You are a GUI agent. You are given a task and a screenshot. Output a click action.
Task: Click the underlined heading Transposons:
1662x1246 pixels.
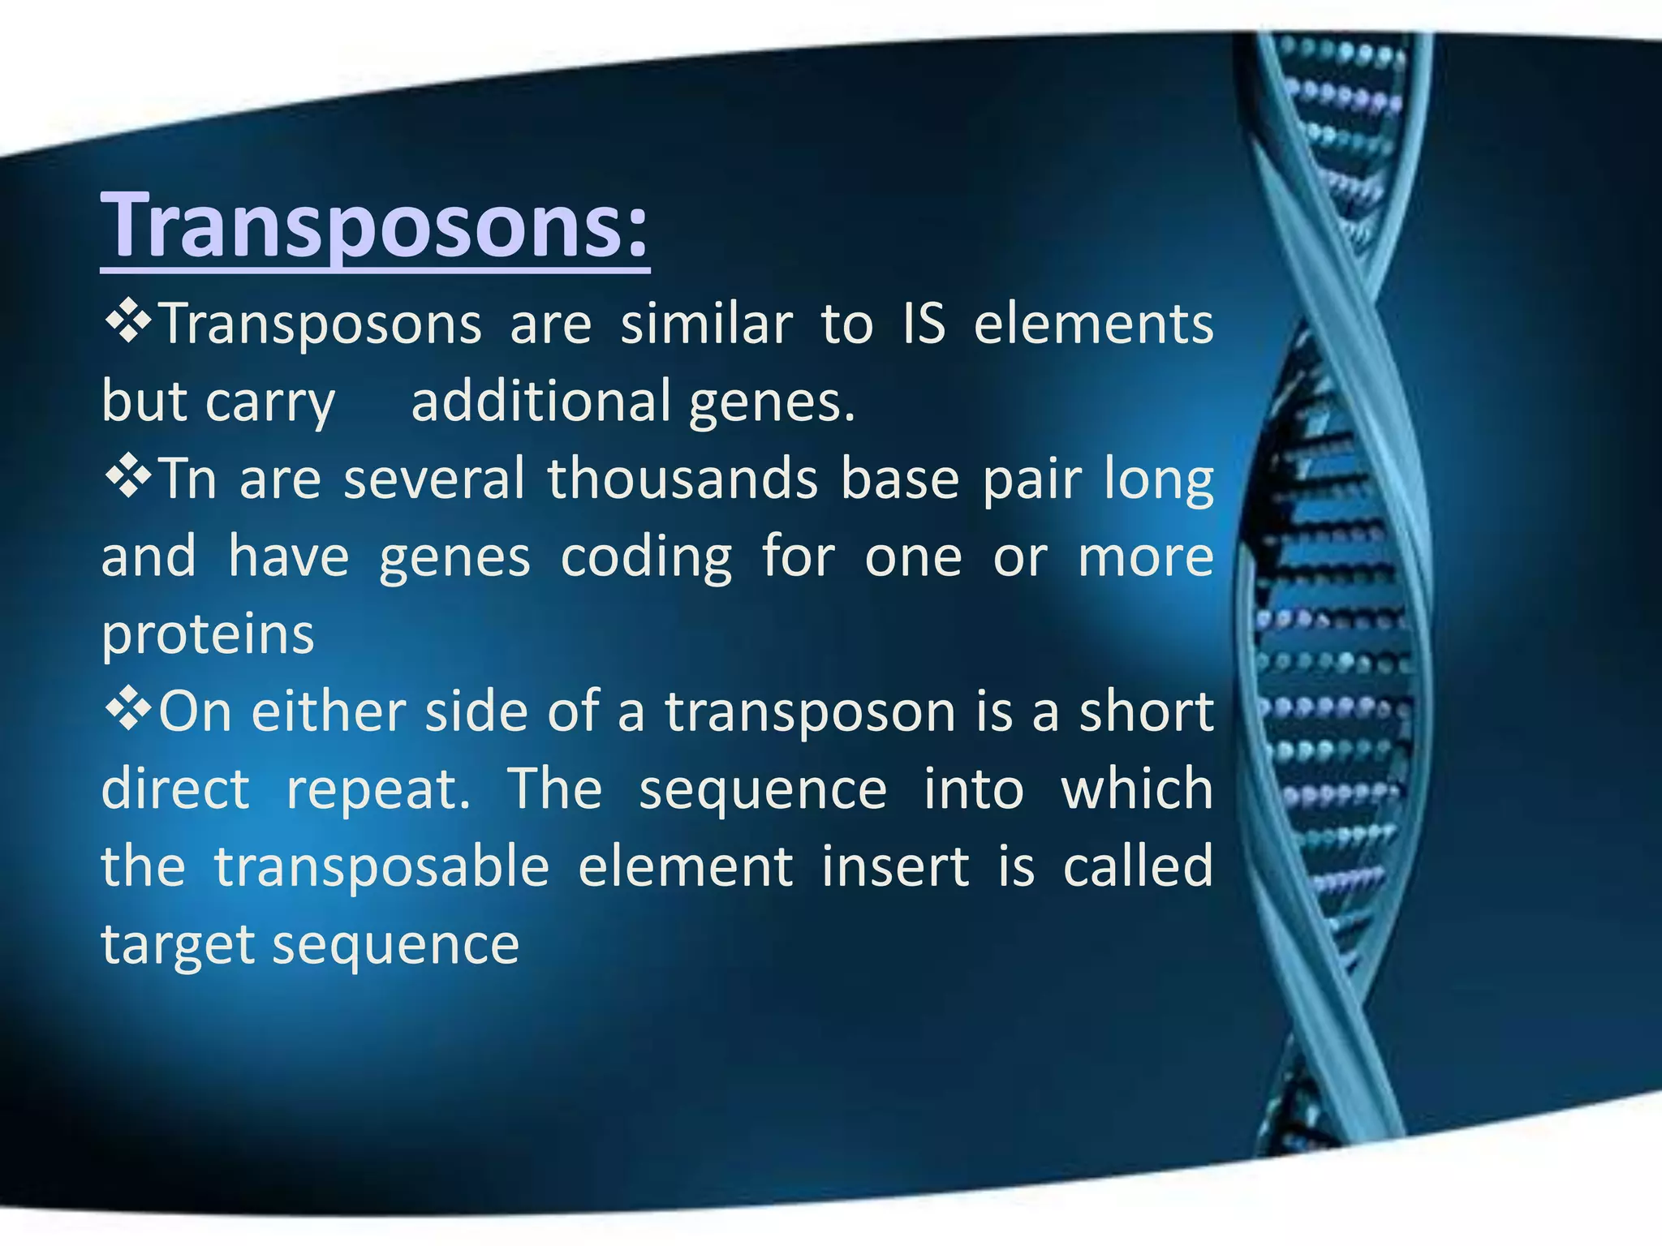pyautogui.click(x=375, y=226)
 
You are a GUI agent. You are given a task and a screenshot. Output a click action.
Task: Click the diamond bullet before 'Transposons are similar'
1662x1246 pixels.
pyautogui.click(x=127, y=323)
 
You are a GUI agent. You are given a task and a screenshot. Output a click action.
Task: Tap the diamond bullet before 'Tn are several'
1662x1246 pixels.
pyautogui.click(x=127, y=478)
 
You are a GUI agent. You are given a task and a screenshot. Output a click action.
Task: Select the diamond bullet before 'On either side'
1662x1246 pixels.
pyautogui.click(x=127, y=711)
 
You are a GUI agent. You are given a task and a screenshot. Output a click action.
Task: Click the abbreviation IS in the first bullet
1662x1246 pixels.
pyautogui.click(x=924, y=323)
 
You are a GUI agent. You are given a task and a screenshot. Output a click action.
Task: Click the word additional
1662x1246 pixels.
pyautogui.click(x=540, y=401)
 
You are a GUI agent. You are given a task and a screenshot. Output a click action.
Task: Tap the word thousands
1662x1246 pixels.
pyautogui.click(x=682, y=478)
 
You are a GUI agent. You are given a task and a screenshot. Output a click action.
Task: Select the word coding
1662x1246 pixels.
pyautogui.click(x=646, y=557)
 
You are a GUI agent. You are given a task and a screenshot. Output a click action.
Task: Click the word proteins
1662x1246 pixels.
pyautogui.click(x=208, y=635)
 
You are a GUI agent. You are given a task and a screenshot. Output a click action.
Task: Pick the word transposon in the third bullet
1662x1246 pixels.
pyautogui.click(x=811, y=712)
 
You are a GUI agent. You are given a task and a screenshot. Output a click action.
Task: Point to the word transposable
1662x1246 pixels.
pyautogui.click(x=382, y=866)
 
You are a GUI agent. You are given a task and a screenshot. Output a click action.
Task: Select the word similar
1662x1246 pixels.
pyautogui.click(x=706, y=323)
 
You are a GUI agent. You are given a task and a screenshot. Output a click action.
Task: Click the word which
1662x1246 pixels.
pyautogui.click(x=1136, y=788)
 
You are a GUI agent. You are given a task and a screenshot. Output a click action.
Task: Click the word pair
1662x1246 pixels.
pyautogui.click(x=1031, y=479)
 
